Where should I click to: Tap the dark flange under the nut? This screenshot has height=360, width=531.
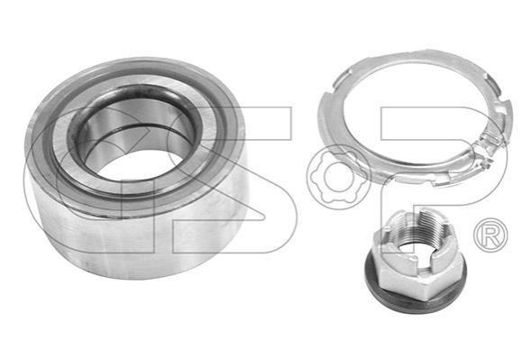(x=417, y=295)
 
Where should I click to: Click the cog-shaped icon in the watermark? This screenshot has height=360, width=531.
(x=339, y=177)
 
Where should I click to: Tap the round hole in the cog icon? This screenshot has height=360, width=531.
(x=339, y=177)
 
